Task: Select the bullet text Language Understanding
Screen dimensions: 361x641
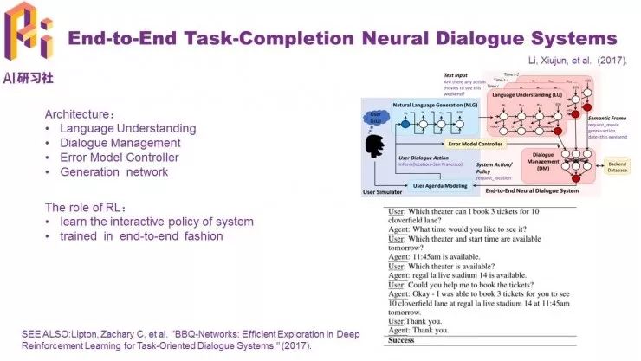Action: click(x=128, y=128)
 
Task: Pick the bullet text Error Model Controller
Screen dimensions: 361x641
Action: click(x=120, y=158)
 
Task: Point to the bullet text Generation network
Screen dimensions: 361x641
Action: click(x=113, y=172)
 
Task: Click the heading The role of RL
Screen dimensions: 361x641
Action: click(x=86, y=207)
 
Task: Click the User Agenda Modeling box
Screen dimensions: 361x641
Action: click(x=443, y=185)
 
